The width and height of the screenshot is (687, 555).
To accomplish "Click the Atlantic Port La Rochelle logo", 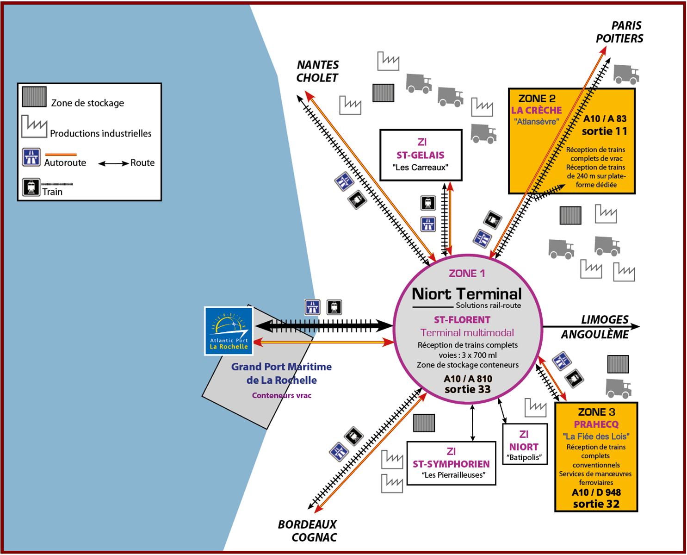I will point(229,331).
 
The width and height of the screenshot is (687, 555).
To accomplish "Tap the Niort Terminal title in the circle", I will point(466,294).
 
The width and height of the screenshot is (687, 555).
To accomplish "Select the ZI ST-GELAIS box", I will point(421,155).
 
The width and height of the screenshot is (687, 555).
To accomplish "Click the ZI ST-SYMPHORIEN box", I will point(451,463).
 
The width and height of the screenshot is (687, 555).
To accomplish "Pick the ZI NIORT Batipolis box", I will point(524,444).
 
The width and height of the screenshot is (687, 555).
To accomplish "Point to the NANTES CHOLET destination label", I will point(317,71).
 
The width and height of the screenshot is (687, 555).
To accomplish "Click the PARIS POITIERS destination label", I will point(619,32).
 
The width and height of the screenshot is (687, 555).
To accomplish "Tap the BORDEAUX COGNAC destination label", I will point(307,531).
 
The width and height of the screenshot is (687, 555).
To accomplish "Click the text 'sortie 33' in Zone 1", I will point(467,389).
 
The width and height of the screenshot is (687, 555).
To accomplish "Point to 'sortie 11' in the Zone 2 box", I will point(604,131).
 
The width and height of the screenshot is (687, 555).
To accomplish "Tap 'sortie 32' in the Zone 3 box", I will point(596,504).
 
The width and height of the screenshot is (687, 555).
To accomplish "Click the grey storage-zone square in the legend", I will point(34,97).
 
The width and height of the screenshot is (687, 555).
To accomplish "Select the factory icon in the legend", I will point(34,126).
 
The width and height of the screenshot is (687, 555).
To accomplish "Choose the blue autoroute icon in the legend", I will point(31,157).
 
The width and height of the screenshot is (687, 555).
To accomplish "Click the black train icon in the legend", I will point(31,187).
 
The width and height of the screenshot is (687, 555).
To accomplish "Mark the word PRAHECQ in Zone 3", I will point(596,424).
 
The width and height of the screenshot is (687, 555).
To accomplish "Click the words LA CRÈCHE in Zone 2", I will point(536,110).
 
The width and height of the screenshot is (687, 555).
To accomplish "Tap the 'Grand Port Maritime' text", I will point(281,367).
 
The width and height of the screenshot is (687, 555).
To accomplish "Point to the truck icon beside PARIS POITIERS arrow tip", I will point(626,74).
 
